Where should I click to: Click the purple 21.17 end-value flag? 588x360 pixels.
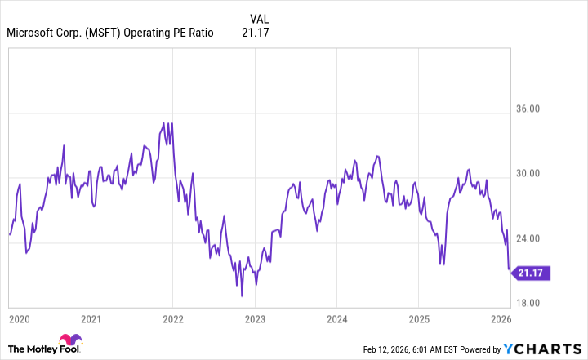[532, 273]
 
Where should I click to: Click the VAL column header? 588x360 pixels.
[258, 18]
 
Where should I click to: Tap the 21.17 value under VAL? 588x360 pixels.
[256, 33]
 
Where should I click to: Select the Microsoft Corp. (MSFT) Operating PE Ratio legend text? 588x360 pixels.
[109, 33]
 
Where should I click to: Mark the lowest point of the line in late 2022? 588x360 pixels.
[242, 295]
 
